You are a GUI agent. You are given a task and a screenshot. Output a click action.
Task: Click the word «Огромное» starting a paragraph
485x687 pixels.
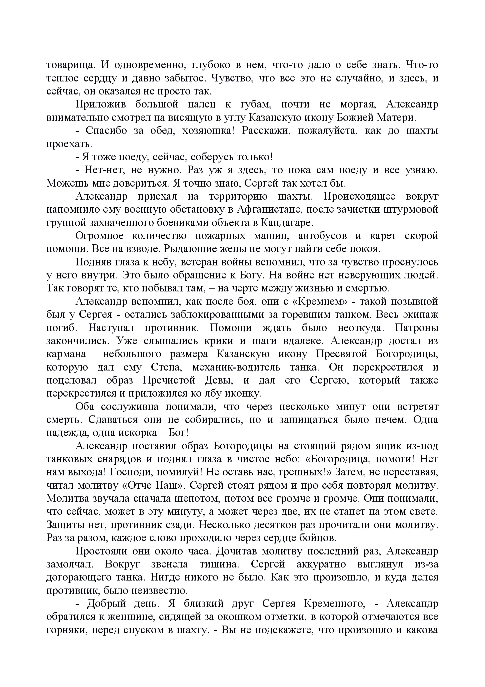[99, 236]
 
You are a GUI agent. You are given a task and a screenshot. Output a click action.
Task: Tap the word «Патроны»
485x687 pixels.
[416, 328]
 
